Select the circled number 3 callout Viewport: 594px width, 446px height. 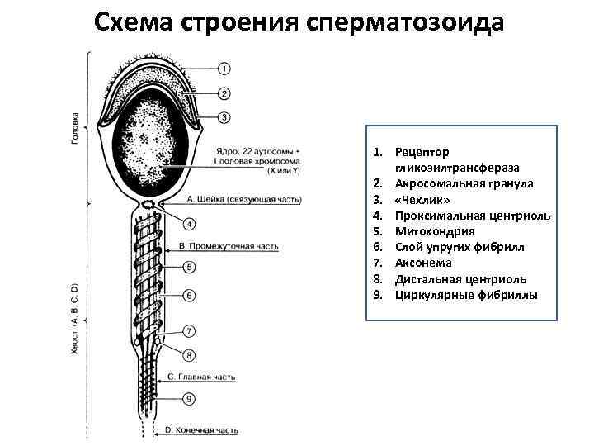(x=226, y=118)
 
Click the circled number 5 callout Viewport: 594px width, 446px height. (x=190, y=268)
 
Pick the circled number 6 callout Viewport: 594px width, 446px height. (x=190, y=295)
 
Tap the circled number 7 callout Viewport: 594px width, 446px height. (x=190, y=332)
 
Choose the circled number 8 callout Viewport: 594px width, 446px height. (x=190, y=356)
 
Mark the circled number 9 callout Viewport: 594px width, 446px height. (x=190, y=399)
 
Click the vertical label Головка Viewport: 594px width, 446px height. (x=75, y=128)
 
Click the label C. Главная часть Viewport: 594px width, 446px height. (x=202, y=377)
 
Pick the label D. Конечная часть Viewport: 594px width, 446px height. (x=202, y=430)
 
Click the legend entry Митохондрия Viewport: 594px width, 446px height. (x=435, y=231)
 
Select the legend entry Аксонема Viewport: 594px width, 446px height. (x=429, y=263)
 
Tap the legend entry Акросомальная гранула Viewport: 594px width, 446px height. (x=464, y=183)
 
